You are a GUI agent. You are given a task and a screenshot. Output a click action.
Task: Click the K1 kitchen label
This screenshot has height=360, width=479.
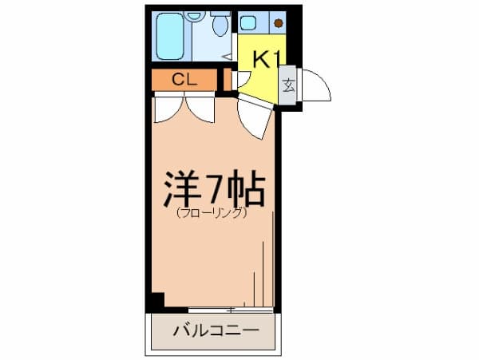click(264, 57)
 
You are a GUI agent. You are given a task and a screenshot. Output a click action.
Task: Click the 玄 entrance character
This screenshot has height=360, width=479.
click(289, 84)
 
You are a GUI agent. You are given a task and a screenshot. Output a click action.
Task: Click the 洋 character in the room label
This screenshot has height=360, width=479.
click(180, 188)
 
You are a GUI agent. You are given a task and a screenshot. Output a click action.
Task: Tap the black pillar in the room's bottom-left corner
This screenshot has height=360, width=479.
click(156, 302)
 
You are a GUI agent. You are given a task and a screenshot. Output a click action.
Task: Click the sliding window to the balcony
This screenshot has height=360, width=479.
click(231, 309)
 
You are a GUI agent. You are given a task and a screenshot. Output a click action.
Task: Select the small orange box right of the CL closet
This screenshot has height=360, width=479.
click(228, 80)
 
